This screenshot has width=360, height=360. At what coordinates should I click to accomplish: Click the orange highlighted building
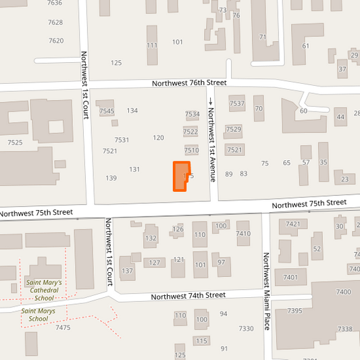click(x=180, y=176)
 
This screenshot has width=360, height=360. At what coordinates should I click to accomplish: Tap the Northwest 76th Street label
click(x=188, y=83)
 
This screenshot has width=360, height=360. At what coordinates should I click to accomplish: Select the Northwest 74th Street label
click(x=188, y=296)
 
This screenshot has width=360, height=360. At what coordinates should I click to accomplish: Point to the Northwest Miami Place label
click(x=267, y=292)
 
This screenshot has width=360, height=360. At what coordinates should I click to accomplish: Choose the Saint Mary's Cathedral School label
click(x=44, y=290)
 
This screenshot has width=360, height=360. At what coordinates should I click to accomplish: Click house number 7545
click(x=107, y=111)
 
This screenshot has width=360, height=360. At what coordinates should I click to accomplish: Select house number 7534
click(x=192, y=115)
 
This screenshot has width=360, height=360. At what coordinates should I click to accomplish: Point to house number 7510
click(x=192, y=150)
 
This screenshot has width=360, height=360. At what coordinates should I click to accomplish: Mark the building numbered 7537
click(x=236, y=103)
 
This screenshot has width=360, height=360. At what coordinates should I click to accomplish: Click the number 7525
click(x=15, y=143)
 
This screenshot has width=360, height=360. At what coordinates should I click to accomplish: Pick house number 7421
click(x=293, y=224)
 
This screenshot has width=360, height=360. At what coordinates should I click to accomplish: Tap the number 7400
click(x=343, y=291)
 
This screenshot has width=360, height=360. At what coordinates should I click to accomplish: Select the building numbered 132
click(x=151, y=238)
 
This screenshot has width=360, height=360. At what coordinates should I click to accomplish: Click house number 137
click(x=127, y=271)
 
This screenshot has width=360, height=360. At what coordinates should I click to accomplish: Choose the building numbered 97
click(x=221, y=262)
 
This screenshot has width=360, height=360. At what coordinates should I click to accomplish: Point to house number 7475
click(x=63, y=328)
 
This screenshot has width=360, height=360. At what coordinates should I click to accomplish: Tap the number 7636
click(x=55, y=3)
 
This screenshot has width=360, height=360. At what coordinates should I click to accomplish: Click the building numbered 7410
click(x=243, y=234)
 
